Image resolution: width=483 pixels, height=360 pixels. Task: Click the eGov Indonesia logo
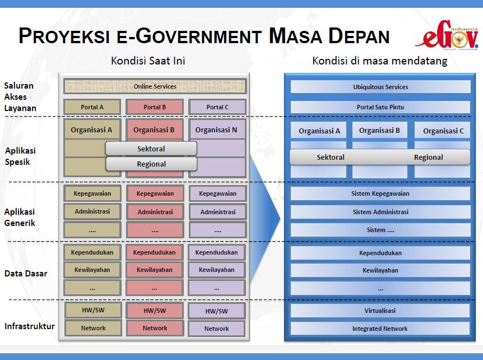pyautogui.click(x=447, y=38)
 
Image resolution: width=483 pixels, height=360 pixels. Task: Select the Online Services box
pyautogui.click(x=155, y=86)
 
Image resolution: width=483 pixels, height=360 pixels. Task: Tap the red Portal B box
pyautogui.click(x=155, y=107)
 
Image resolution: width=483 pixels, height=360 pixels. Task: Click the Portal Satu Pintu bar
pyautogui.click(x=380, y=107)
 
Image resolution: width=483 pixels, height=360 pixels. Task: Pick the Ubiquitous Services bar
pyautogui.click(x=380, y=87)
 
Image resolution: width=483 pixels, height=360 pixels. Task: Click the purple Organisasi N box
pyautogui.click(x=217, y=130)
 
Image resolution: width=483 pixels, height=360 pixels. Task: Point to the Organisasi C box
pyautogui.click(x=443, y=131)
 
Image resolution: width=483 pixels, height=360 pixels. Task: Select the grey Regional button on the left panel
pyautogui.click(x=151, y=164)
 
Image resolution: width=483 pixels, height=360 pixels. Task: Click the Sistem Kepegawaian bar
pyautogui.click(x=380, y=193)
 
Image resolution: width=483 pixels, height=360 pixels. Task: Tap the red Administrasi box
pyautogui.click(x=155, y=213)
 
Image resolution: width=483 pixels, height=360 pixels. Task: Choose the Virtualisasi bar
pyautogui.click(x=380, y=310)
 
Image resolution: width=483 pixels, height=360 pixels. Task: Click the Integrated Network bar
pyautogui.click(x=380, y=329)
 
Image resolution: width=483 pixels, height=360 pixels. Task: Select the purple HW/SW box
pyautogui.click(x=217, y=311)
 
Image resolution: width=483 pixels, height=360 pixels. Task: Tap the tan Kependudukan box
pyautogui.click(x=92, y=252)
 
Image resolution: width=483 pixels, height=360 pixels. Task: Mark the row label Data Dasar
pyautogui.click(x=26, y=274)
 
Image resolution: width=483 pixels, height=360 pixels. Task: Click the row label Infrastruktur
pyautogui.click(x=29, y=326)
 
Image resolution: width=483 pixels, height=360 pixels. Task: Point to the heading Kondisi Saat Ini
pyautogui.click(x=148, y=61)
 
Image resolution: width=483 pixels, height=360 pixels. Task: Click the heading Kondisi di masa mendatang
pyautogui.click(x=379, y=61)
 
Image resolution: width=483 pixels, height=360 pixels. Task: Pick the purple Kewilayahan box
pyautogui.click(x=217, y=270)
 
